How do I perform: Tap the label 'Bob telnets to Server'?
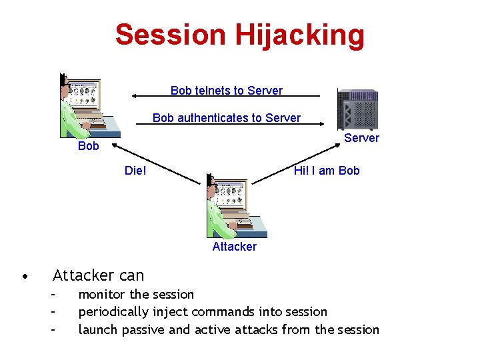[227, 91]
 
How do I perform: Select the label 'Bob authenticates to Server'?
[227, 118]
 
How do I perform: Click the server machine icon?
[357, 109]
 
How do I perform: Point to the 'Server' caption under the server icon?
[361, 138]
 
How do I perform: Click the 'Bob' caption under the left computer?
[88, 146]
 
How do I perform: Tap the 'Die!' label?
[135, 171]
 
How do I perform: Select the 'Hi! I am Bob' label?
[327, 171]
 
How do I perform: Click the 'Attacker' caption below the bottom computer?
[234, 247]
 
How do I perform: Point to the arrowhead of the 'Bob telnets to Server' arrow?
[133, 95]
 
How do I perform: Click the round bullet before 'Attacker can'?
[24, 275]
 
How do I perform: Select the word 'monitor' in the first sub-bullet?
[103, 294]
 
